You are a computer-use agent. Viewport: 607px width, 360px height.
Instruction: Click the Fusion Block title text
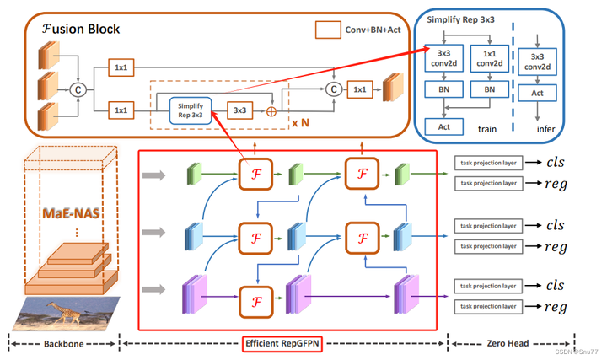coord(82,29)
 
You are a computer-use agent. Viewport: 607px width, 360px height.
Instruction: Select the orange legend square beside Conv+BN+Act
coord(328,30)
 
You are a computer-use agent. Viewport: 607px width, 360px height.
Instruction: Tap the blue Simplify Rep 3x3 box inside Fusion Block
coord(192,110)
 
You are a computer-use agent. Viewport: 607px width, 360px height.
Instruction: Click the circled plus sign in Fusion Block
coord(271,110)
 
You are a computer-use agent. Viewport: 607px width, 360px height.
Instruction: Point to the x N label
coord(301,123)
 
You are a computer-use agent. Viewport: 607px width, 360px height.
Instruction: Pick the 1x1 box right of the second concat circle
coord(360,89)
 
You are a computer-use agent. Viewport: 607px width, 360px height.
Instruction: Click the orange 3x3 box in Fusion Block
coord(239,110)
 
